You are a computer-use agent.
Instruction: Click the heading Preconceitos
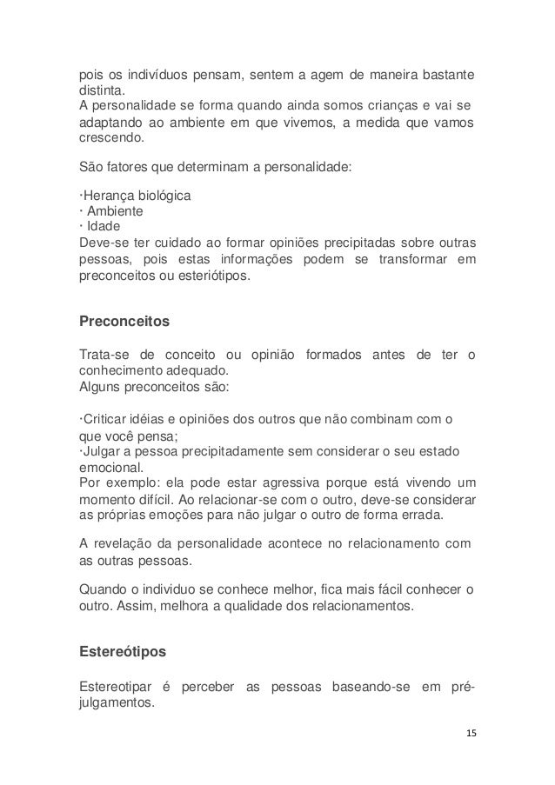[124, 321]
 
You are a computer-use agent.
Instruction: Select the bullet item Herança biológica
[137, 196]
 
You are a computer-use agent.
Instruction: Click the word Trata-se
[103, 352]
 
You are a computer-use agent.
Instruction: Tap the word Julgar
[100, 450]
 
